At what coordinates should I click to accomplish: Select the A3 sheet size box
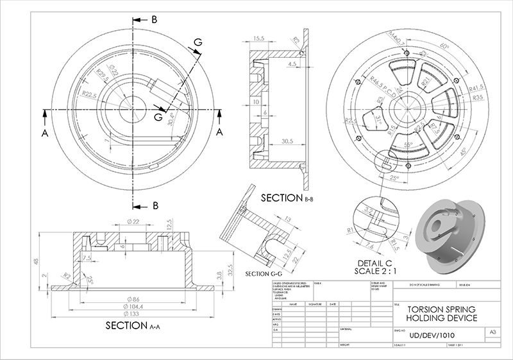[x=492, y=332]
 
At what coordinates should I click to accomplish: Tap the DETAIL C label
[x=376, y=264]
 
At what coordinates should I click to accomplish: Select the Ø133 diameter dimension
[x=133, y=314]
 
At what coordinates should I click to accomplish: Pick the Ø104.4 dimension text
[x=133, y=306]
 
